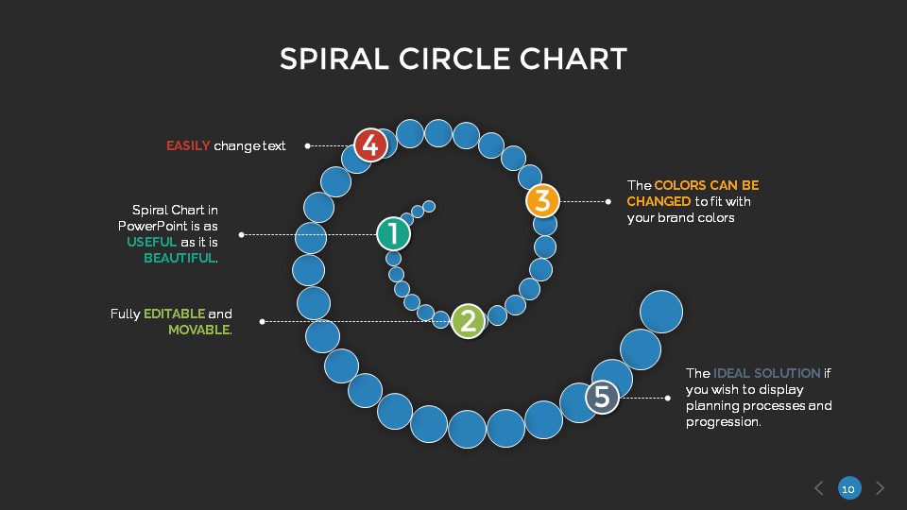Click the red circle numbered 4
[x=371, y=145]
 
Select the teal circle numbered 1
[x=393, y=233]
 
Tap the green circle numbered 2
[x=468, y=321]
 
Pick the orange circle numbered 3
[x=542, y=200]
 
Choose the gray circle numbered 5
[x=602, y=398]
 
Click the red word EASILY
[x=188, y=145]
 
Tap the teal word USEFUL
[x=152, y=242]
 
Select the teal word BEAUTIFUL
[x=180, y=258]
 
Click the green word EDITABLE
[x=174, y=314]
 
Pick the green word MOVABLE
[x=198, y=330]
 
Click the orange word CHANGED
[x=659, y=201]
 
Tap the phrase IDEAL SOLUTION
[x=766, y=373]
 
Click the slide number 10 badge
[x=848, y=488]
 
